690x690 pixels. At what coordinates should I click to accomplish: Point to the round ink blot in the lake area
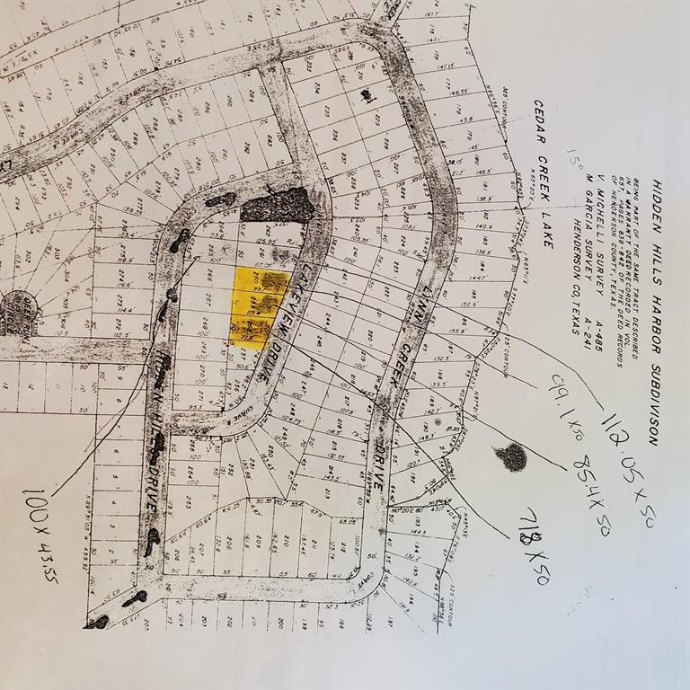[x=512, y=457]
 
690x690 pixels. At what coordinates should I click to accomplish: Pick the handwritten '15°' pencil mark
[x=571, y=162]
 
